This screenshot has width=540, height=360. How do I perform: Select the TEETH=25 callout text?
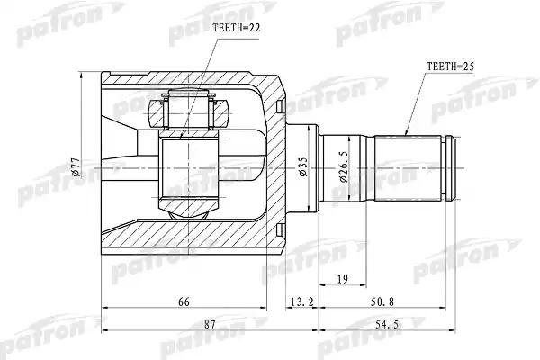451,66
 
